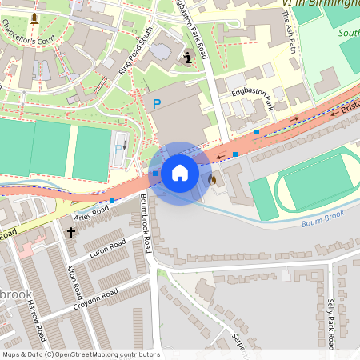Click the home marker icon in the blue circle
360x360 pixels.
coord(180,173)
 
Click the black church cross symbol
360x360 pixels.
coord(70,233)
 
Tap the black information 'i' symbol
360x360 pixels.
coord(188,57)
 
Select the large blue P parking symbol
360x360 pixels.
coord(157,104)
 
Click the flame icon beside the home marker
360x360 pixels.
coord(212,180)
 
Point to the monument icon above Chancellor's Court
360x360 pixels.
coord(34,17)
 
